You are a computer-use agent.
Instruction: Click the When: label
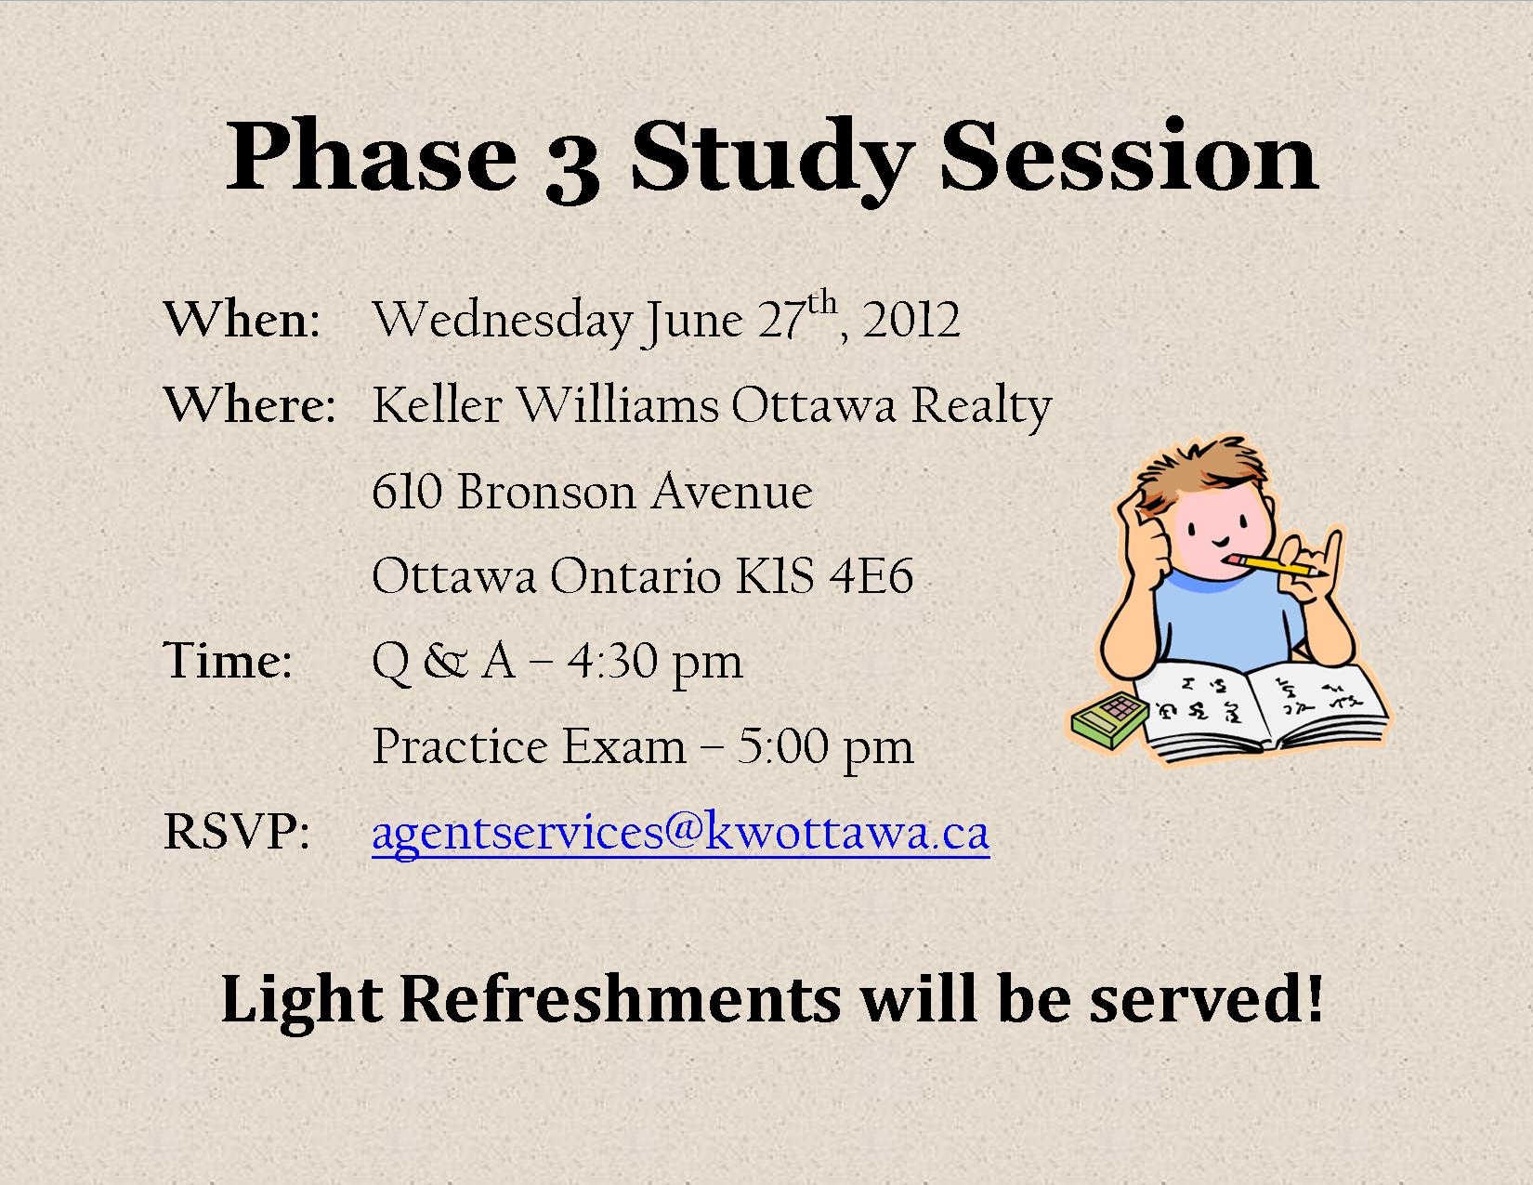pos(242,319)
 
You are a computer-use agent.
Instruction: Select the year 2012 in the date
pos(911,320)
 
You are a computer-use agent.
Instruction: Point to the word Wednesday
pos(503,323)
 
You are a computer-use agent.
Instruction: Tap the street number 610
pos(407,491)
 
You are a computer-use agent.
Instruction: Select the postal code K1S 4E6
pos(824,575)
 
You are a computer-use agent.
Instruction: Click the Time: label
pos(228,661)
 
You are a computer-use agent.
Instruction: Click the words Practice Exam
pos(529,746)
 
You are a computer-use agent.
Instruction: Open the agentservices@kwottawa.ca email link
pos(681,835)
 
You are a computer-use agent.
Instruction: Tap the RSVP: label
pos(236,832)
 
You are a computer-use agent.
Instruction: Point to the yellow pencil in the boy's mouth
pos(1276,565)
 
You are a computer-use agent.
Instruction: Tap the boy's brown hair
pos(1199,473)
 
